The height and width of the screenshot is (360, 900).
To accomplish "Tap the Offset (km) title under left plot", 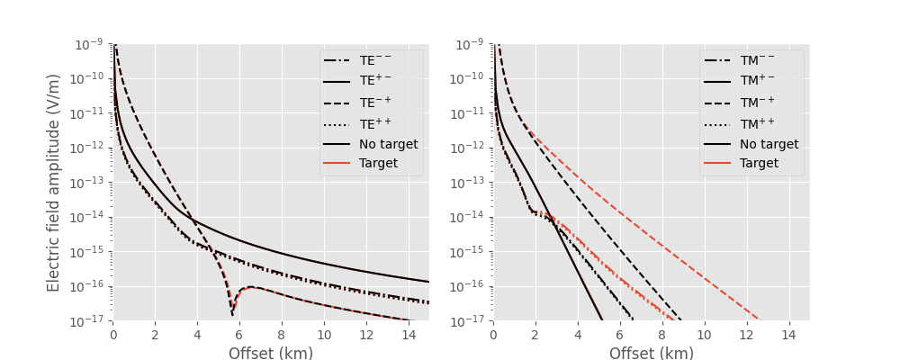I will [x=270, y=354].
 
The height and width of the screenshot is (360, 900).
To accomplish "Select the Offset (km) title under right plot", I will [x=651, y=354].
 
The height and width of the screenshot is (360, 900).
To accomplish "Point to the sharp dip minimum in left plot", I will [x=232, y=314].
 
